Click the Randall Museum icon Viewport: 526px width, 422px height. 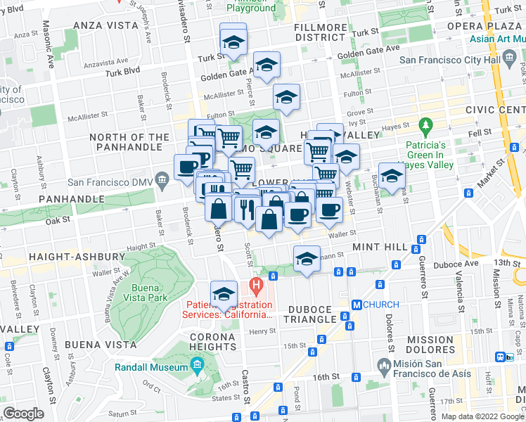(197, 366)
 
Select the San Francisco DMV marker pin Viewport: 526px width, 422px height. (163, 181)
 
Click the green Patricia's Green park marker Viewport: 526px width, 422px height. (425, 127)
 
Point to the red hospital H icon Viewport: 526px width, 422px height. (256, 287)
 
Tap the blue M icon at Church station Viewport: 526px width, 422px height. (357, 305)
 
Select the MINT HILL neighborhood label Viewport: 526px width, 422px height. (380, 248)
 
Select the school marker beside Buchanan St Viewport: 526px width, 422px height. (392, 176)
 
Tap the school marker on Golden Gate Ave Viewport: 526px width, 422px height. (267, 65)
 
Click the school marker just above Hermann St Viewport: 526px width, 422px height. (307, 259)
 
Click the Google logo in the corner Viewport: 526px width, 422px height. (24, 414)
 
